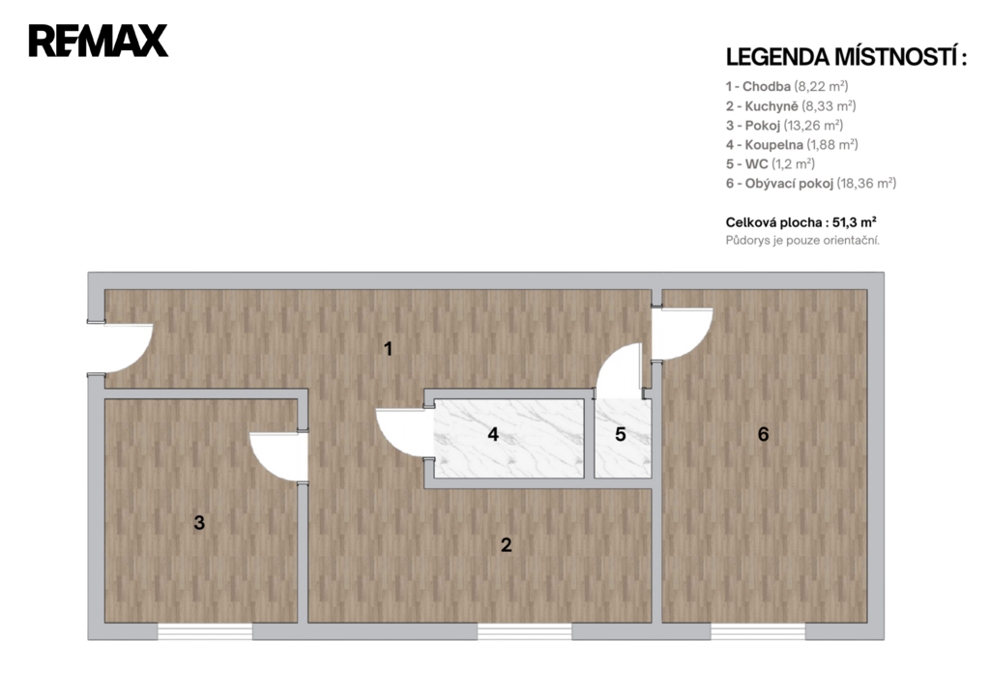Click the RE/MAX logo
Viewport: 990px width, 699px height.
pos(99,41)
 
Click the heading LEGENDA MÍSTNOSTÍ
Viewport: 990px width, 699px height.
pos(846,57)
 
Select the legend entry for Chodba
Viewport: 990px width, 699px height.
pos(787,86)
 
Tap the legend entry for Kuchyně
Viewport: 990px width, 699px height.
pos(791,106)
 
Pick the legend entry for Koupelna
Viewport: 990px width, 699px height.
pos(792,145)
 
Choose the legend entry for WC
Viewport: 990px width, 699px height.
pos(771,164)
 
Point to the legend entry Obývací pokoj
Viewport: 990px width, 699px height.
pos(811,184)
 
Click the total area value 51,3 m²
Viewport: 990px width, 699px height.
pos(855,222)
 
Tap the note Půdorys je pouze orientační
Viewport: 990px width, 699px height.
pos(802,241)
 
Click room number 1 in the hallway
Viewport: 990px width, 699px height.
pos(389,349)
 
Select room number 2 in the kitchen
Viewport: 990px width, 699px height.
pos(506,545)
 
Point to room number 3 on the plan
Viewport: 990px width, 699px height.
pos(199,523)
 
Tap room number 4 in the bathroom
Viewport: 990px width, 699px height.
pos(493,434)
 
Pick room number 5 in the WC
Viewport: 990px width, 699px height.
pos(620,434)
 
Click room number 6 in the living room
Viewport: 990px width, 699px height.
pos(764,434)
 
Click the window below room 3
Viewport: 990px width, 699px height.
pos(205,631)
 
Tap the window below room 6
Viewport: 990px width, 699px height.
pos(758,631)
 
